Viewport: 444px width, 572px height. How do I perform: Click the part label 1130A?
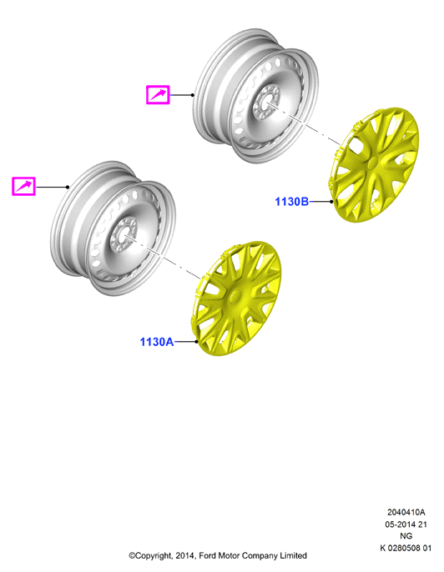[157, 342]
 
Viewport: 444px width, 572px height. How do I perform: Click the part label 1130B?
[291, 202]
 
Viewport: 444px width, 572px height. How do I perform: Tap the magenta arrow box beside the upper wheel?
[158, 95]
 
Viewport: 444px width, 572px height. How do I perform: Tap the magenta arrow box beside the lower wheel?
[23, 187]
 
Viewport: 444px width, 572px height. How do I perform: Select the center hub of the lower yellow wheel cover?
[235, 296]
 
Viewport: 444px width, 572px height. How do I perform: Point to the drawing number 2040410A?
[406, 512]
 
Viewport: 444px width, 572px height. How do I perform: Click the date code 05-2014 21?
[406, 524]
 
